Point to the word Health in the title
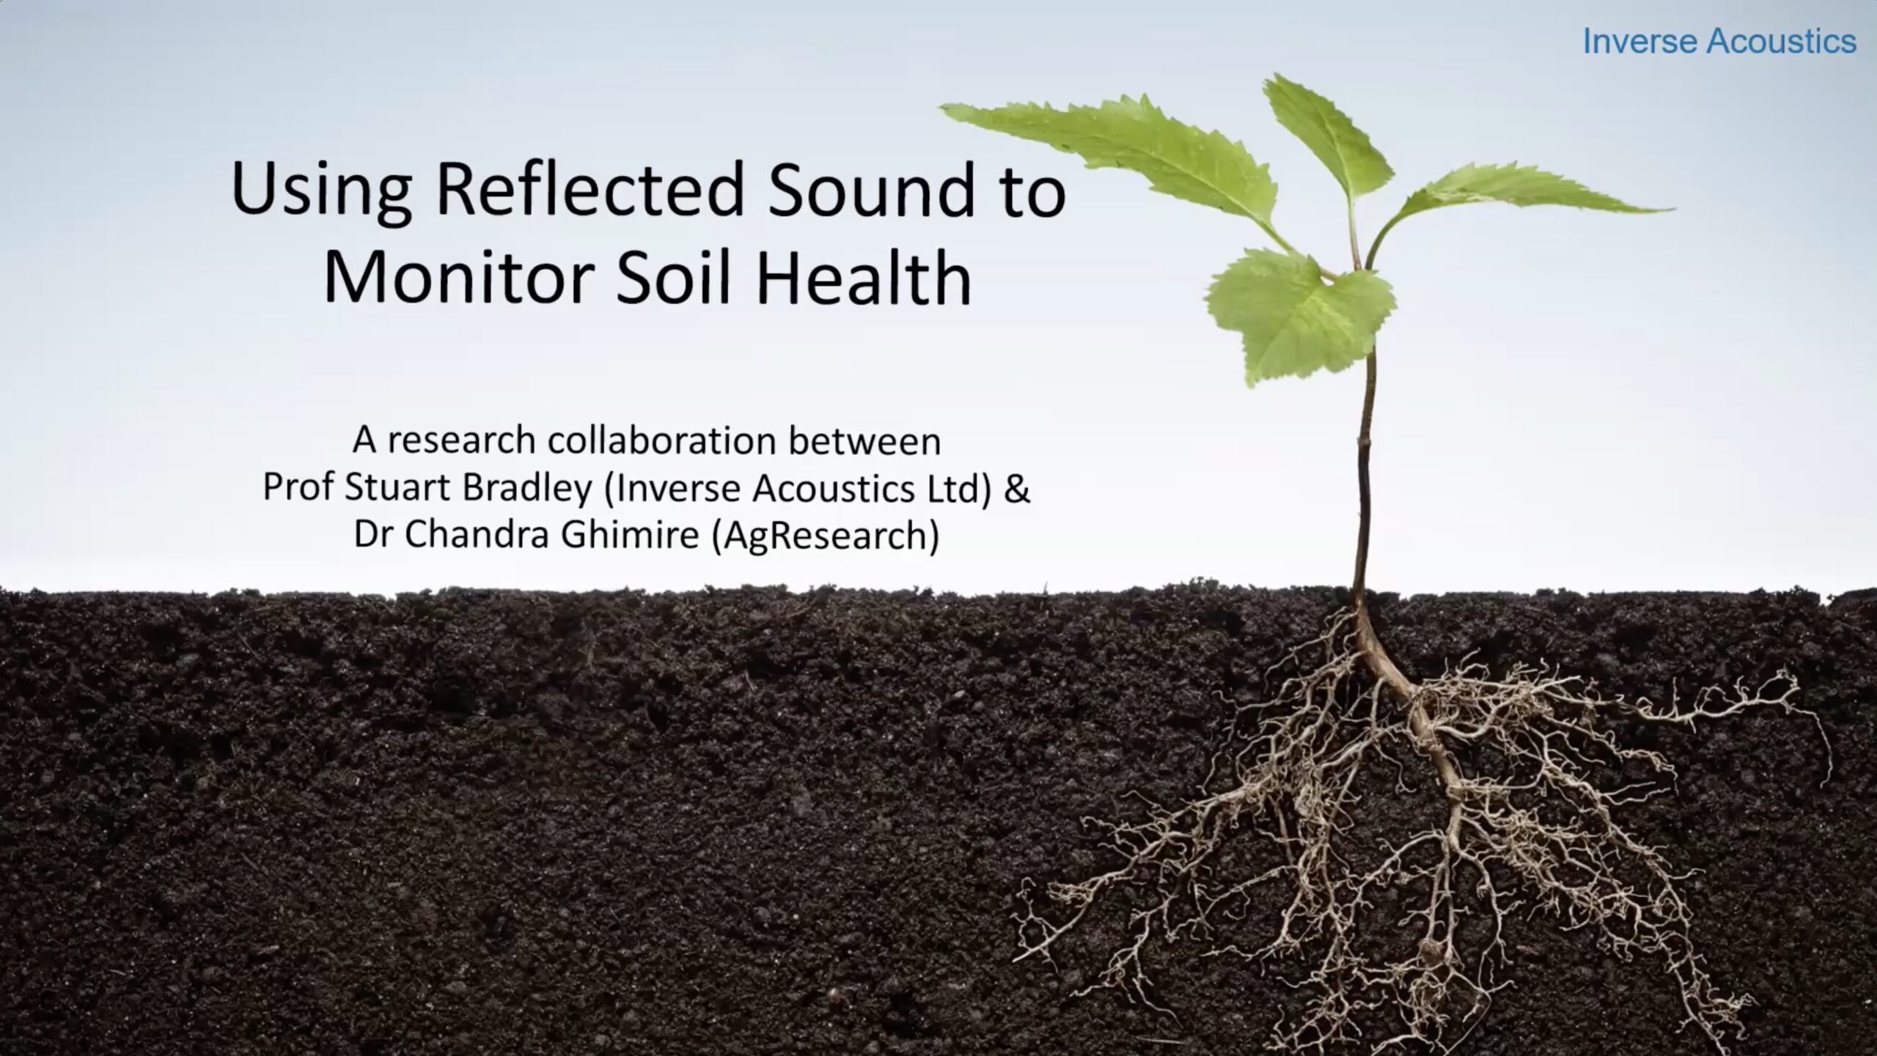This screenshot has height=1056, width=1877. pyautogui.click(x=863, y=278)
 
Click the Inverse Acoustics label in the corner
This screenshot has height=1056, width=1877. pyautogui.click(x=1719, y=41)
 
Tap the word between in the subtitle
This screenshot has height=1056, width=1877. pyautogui.click(x=864, y=440)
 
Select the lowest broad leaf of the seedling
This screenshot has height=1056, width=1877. pyautogui.click(x=1298, y=311)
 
